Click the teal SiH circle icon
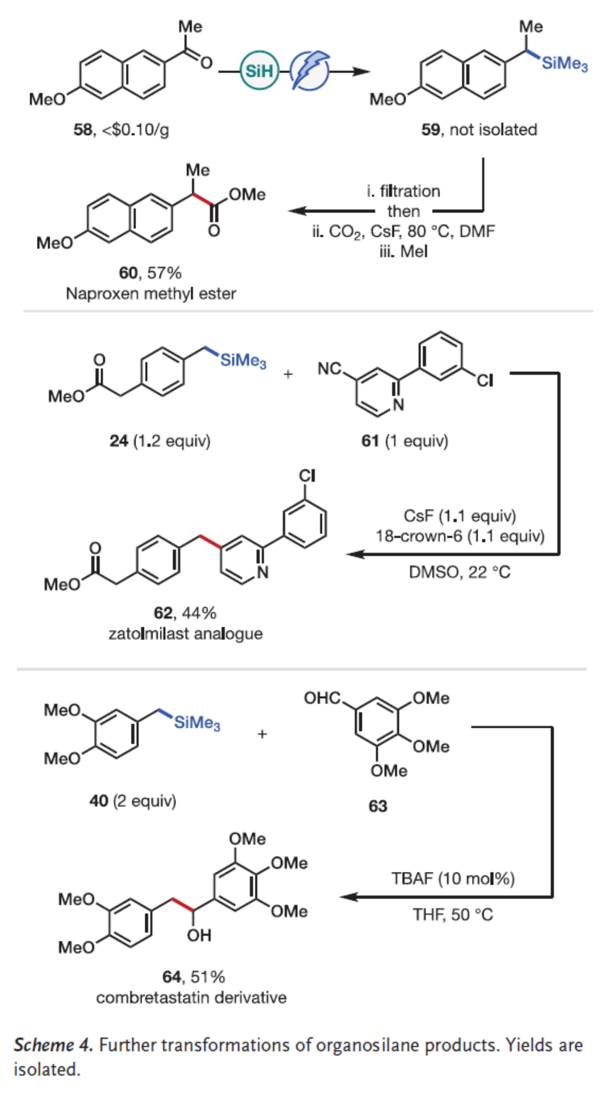[x=259, y=71]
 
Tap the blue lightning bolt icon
[x=310, y=71]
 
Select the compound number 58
[x=83, y=130]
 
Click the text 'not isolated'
[x=493, y=130]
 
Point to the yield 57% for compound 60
[x=164, y=273]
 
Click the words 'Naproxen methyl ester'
[x=151, y=294]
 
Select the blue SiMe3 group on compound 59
[x=564, y=64]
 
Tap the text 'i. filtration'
[x=403, y=191]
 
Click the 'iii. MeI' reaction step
[x=403, y=251]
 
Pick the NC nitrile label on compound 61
[x=329, y=368]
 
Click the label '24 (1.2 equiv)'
[x=160, y=441]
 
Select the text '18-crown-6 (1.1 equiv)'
[x=460, y=536]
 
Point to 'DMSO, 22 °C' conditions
[x=459, y=572]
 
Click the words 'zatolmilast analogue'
[x=185, y=634]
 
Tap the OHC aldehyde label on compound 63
[x=322, y=698]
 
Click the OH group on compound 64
[x=199, y=935]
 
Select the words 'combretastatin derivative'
[x=191, y=998]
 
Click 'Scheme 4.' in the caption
[x=53, y=1045]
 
